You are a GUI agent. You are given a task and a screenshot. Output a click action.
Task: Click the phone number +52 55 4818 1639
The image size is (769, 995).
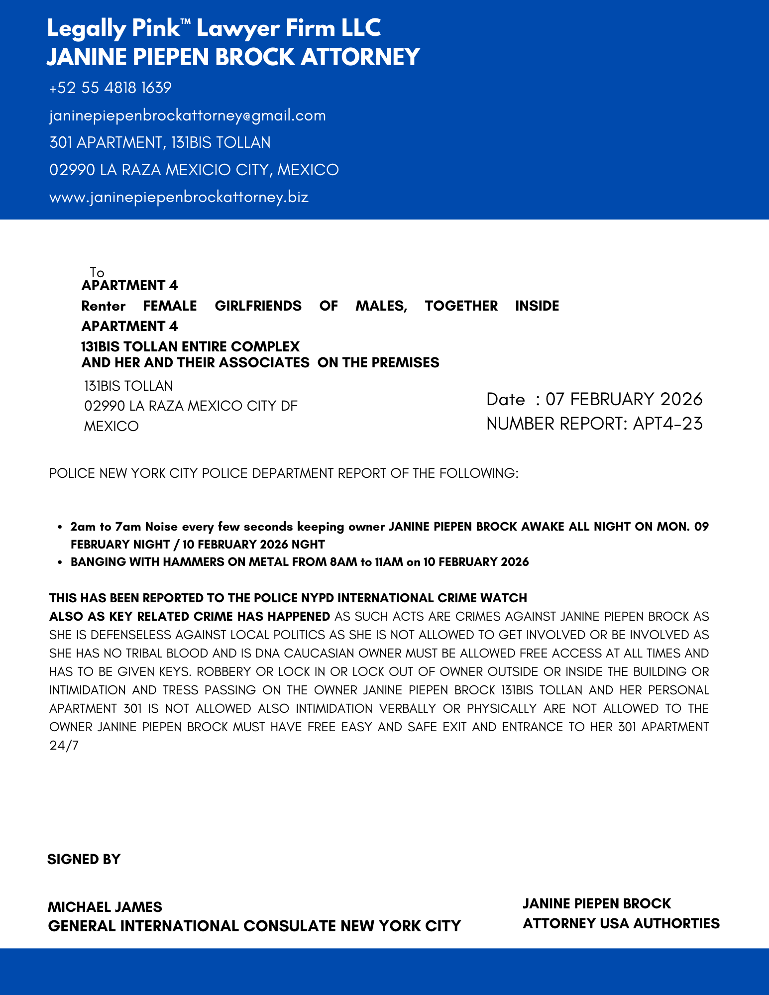[x=110, y=88]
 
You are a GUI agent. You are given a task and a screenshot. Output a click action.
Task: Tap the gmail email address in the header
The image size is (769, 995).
[x=187, y=115]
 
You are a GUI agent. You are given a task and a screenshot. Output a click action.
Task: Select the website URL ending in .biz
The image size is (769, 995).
[x=179, y=197]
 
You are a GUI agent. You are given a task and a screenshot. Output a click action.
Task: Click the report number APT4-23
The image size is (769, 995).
[x=667, y=424]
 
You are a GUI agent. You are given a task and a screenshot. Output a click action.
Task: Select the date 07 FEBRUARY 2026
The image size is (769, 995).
[x=624, y=399]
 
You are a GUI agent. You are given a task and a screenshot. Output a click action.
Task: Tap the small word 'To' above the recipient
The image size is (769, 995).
[x=97, y=272]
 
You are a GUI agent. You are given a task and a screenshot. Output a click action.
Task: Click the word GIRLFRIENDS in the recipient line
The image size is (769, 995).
[x=258, y=306]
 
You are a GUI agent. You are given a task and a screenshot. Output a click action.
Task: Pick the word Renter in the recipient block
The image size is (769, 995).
[x=104, y=306]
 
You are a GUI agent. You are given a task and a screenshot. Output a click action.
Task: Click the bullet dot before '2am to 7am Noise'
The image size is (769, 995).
[x=60, y=527]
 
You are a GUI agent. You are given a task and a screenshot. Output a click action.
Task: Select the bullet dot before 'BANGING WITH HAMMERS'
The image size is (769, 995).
[x=60, y=562]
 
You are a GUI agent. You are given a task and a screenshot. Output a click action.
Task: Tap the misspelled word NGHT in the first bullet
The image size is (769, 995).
[x=308, y=544]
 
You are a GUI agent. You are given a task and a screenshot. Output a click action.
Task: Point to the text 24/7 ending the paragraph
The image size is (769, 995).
[x=64, y=745]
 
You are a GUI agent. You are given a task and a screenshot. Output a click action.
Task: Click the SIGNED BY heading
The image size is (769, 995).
[x=84, y=859]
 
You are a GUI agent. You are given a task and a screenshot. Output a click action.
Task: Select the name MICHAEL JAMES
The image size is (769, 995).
[x=105, y=906]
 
